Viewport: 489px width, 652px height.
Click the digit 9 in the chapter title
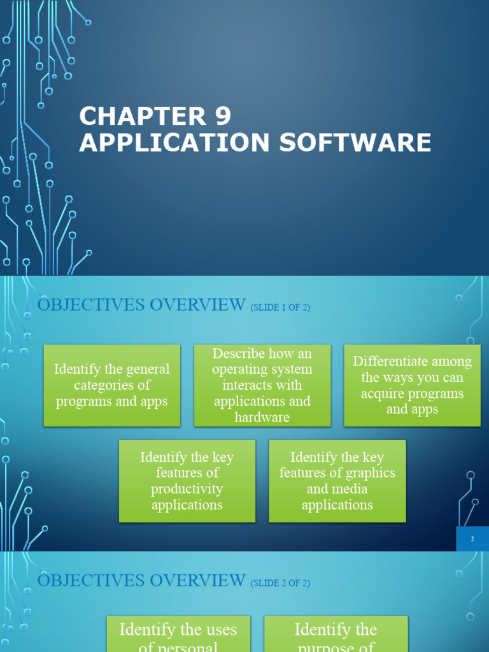[x=219, y=117]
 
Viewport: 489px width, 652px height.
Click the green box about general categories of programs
[x=112, y=385]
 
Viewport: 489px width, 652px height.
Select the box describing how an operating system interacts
[x=262, y=385]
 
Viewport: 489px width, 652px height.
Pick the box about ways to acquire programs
[x=412, y=385]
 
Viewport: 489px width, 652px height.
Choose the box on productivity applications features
[x=187, y=481]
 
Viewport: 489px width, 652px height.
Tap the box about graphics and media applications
[x=337, y=481]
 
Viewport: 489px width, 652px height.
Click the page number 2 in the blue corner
[x=472, y=539]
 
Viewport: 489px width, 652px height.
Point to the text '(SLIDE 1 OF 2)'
[x=280, y=308]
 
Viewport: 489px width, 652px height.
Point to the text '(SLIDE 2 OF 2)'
[x=280, y=583]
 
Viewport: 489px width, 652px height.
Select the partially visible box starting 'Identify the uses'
[x=178, y=634]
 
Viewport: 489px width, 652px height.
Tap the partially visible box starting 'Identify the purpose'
[x=336, y=634]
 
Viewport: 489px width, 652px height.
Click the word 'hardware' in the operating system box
[x=262, y=417]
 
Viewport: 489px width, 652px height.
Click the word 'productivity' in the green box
[x=187, y=489]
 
